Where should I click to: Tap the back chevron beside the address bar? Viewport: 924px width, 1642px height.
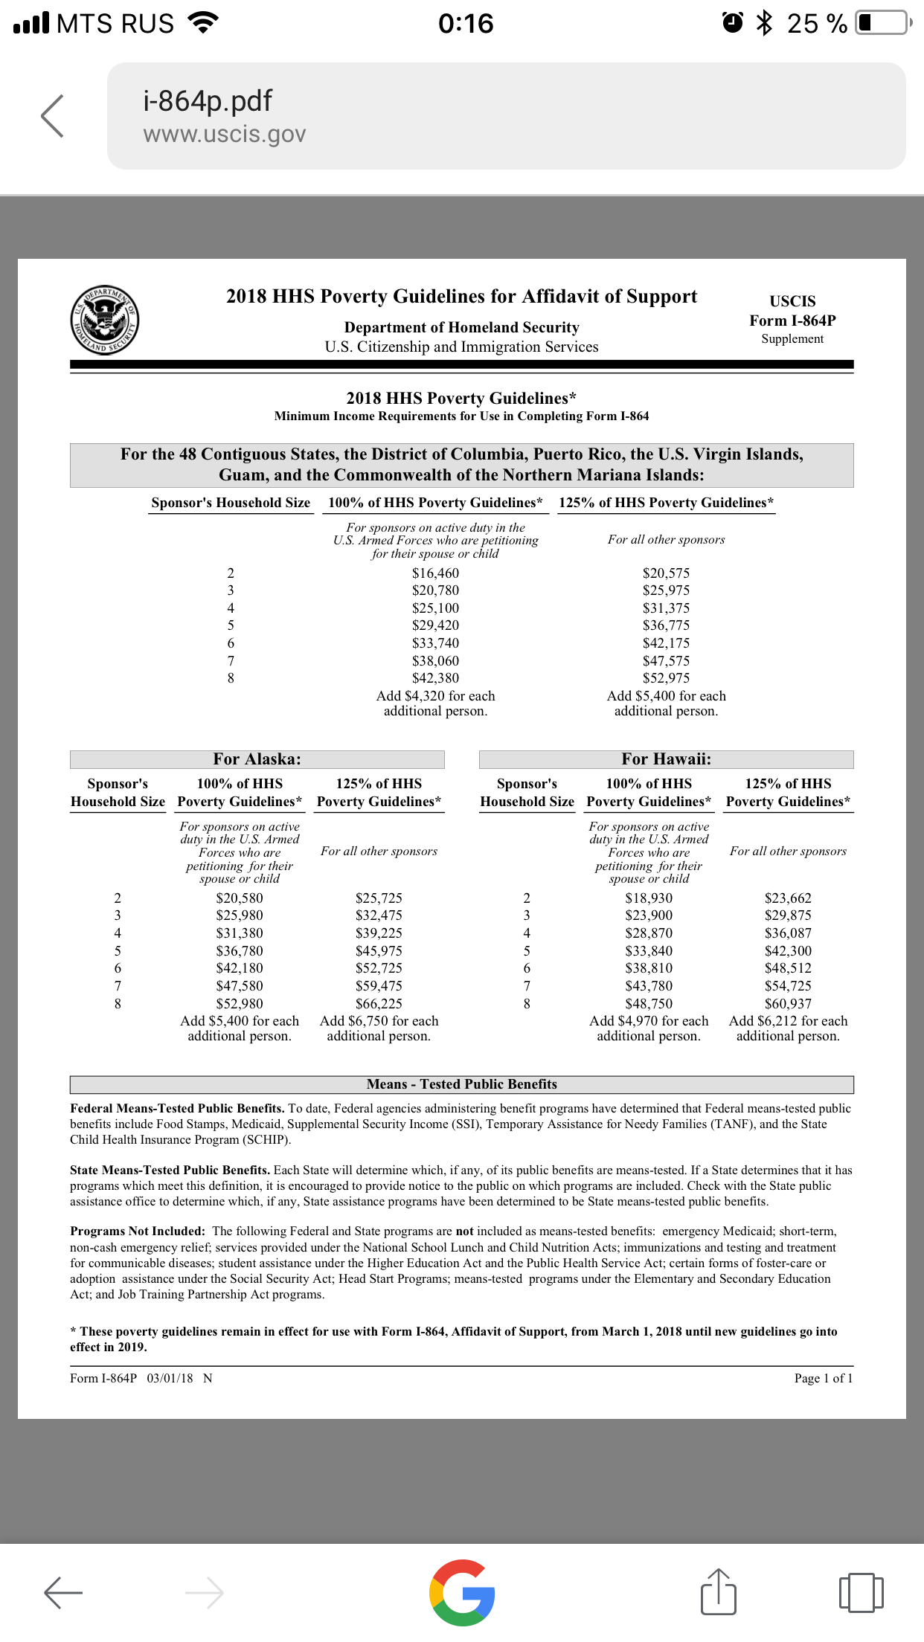tap(53, 116)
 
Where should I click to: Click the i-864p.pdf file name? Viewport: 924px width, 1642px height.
tap(208, 101)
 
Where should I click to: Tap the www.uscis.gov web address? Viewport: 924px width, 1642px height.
tap(224, 135)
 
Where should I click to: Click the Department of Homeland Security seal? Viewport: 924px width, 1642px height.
tap(105, 320)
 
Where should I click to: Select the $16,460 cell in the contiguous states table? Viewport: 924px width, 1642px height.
tap(435, 573)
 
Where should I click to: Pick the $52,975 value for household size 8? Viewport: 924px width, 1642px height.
tap(666, 678)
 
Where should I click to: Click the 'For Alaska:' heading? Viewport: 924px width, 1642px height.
tap(257, 759)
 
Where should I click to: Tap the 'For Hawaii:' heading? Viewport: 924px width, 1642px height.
tap(666, 759)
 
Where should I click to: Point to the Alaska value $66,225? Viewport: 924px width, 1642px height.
tap(379, 1004)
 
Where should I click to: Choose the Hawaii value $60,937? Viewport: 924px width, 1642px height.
tap(788, 1004)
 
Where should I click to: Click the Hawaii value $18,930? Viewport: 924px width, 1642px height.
tap(649, 898)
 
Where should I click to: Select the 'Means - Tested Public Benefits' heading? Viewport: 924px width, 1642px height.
tap(461, 1084)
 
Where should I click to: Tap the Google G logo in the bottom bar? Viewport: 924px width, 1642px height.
tap(462, 1592)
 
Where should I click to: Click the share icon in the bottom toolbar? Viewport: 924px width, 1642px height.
tap(718, 1592)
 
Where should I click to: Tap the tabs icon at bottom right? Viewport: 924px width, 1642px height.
tap(861, 1592)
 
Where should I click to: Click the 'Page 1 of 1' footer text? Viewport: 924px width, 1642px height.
tap(823, 1378)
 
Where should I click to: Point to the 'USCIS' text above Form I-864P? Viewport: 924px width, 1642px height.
tap(792, 301)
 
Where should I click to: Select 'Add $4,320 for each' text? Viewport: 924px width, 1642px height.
tap(435, 696)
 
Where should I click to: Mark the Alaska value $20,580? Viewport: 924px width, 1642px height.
tap(240, 898)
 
